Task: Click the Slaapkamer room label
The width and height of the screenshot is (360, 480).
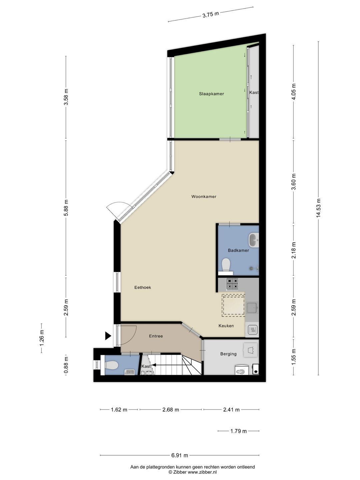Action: [x=211, y=94]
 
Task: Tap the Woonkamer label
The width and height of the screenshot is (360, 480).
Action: [x=204, y=196]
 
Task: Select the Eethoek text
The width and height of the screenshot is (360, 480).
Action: [x=143, y=287]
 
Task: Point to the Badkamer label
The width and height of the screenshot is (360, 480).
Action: [x=238, y=250]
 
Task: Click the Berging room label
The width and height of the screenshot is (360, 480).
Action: [x=228, y=354]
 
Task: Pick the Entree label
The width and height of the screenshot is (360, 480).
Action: [x=156, y=336]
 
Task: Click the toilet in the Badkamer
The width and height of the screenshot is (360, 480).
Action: [x=226, y=265]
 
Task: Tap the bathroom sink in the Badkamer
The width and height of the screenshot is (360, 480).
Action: [x=254, y=240]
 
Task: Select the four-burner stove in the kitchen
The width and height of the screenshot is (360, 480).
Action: [x=232, y=284]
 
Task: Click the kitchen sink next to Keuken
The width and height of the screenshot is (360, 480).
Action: [x=252, y=308]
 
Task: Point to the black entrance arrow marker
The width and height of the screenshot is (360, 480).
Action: [x=108, y=336]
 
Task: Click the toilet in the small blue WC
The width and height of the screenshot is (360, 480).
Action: [x=112, y=366]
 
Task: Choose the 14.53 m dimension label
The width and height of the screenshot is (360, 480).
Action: [x=319, y=208]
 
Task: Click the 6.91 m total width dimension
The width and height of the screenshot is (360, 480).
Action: [x=180, y=455]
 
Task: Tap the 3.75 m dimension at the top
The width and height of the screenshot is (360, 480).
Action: [x=211, y=14]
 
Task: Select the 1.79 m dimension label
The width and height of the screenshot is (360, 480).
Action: [x=239, y=431]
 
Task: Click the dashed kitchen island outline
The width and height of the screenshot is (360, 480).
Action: [x=233, y=305]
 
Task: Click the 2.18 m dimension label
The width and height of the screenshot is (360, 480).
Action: [x=293, y=251]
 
